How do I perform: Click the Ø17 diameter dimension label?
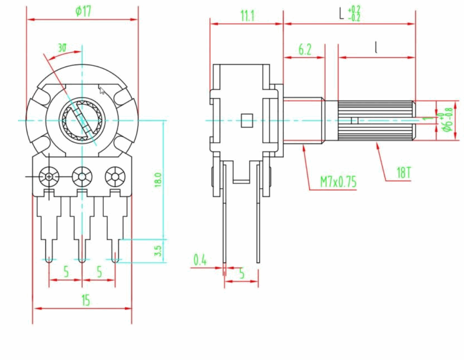[83, 12]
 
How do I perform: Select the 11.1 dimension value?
[247, 16]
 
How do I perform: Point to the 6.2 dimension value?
[304, 50]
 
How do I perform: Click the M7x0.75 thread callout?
[338, 182]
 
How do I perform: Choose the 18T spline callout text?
[403, 173]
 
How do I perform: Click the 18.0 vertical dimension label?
[158, 180]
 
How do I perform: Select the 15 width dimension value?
[85, 301]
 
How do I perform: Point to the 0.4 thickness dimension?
[200, 260]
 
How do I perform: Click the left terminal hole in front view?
[49, 176]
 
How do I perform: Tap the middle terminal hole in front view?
[82, 176]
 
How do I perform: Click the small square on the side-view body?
[247, 120]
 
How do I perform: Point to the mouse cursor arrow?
[102, 90]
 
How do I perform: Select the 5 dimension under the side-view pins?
[241, 274]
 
